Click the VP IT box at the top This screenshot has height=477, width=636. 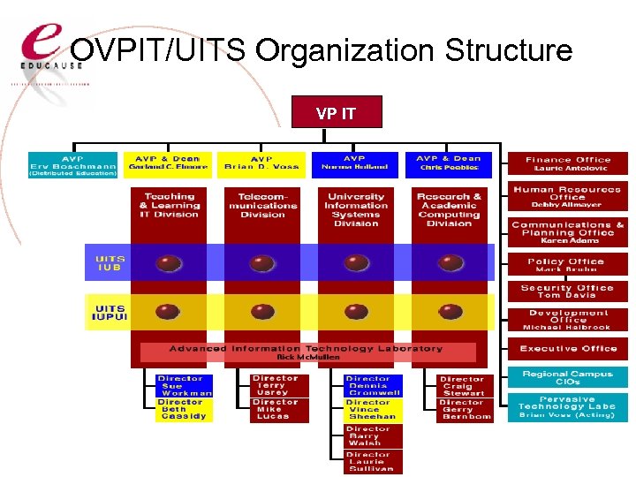click(x=336, y=113)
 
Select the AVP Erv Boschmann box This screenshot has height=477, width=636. click(x=74, y=165)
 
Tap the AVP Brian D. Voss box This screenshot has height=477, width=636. click(x=262, y=165)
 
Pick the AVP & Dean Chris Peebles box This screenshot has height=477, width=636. click(x=449, y=165)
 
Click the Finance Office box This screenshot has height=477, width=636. click(x=568, y=163)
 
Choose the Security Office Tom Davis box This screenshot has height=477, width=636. click(x=568, y=291)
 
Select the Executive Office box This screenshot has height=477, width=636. click(x=568, y=349)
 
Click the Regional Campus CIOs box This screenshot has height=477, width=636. click(x=568, y=377)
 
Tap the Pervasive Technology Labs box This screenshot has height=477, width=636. click(x=568, y=407)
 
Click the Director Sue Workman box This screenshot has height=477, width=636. click(x=184, y=386)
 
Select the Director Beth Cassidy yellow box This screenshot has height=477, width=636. click(x=184, y=410)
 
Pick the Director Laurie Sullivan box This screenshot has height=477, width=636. click(x=374, y=462)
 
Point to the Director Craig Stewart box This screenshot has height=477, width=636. click(x=466, y=386)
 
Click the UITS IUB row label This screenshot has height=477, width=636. click(x=110, y=263)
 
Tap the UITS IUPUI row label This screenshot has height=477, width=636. click(x=110, y=313)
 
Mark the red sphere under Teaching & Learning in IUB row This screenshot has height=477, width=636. click(x=169, y=263)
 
